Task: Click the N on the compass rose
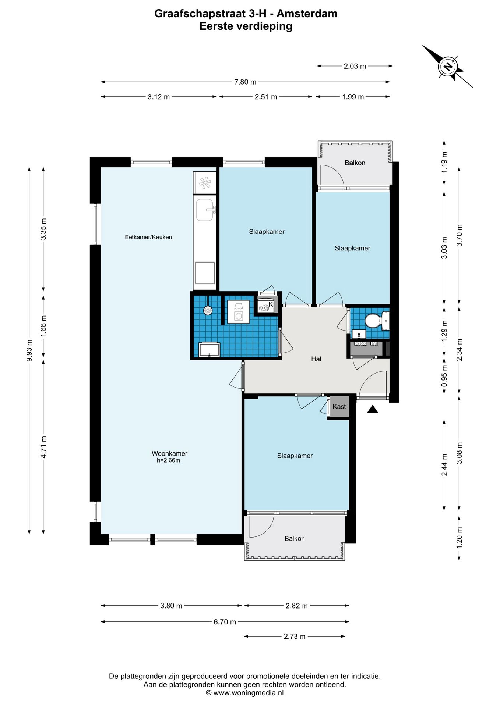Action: coord(448,67)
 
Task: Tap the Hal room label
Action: coord(316,359)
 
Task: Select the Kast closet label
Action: coord(339,406)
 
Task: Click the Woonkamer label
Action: coord(169,453)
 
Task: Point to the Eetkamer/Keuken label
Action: coord(148,237)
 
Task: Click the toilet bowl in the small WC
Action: coord(373,320)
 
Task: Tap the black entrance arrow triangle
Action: coord(373,409)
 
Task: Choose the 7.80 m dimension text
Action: coord(245,82)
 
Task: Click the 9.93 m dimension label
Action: coord(29,350)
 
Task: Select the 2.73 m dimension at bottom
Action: coord(295,636)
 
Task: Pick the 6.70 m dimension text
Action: coord(225,622)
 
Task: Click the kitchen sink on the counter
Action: coord(205,210)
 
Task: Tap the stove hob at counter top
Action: coord(205,182)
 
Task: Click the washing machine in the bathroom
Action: coord(239,312)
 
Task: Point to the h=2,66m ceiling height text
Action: coord(168,460)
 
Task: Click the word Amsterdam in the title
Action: coord(307,14)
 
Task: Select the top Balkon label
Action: coord(355,163)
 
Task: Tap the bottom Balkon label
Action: coord(295,538)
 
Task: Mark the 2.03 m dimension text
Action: coord(355,66)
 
